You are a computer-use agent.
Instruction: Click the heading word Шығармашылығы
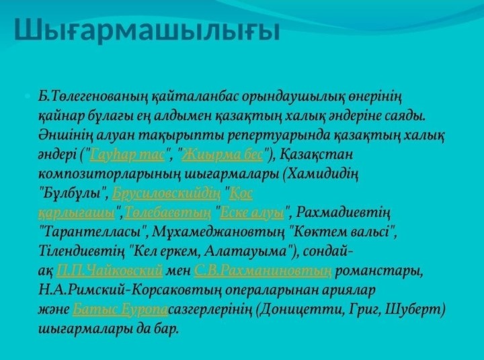pyautogui.click(x=147, y=30)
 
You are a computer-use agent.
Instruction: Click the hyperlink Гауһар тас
pyautogui.click(x=127, y=154)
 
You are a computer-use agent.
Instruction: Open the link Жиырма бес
pyautogui.click(x=223, y=154)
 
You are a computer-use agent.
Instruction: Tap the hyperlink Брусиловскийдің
pyautogui.click(x=167, y=193)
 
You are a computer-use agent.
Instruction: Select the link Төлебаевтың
pyautogui.click(x=168, y=213)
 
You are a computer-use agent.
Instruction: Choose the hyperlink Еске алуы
pyautogui.click(x=252, y=213)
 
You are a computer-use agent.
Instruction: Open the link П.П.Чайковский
pyautogui.click(x=110, y=271)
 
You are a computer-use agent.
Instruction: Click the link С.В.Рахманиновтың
pyautogui.click(x=263, y=271)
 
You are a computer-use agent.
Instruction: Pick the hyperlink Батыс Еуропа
pyautogui.click(x=120, y=310)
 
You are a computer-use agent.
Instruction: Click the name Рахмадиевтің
pyautogui.click(x=343, y=213)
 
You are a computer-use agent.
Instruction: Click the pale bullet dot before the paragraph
pyautogui.click(x=28, y=96)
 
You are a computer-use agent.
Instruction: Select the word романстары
pyautogui.click(x=379, y=271)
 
